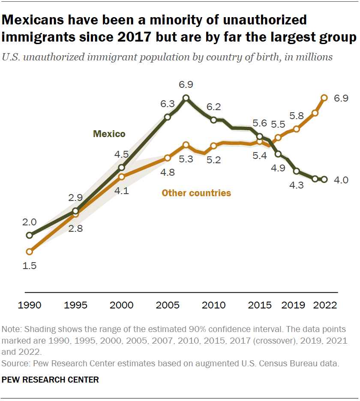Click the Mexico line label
pyautogui.click(x=109, y=134)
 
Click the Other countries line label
pyautogui.click(x=196, y=193)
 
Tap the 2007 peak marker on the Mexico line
pyautogui.click(x=186, y=98)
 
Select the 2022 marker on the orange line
pyautogui.click(x=324, y=98)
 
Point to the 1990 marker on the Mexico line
pyautogui.click(x=29, y=235)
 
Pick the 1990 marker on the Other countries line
pyautogui.click(x=29, y=251)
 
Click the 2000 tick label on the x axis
pyautogui.click(x=121, y=305)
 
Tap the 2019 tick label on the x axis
pyautogui.click(x=293, y=305)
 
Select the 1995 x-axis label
pyautogui.click(x=75, y=305)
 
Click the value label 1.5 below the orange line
pyautogui.click(x=30, y=266)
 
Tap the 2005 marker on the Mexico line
pyautogui.click(x=168, y=117)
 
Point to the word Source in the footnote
pyautogui.click(x=13, y=364)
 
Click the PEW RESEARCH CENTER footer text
pyautogui.click(x=51, y=380)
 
